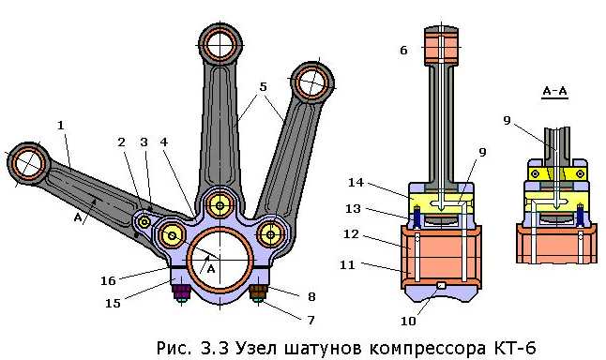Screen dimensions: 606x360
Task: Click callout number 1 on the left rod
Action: coord(61,126)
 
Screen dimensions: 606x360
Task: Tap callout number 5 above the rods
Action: coord(264,87)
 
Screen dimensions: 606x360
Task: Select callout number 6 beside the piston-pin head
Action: coord(403,51)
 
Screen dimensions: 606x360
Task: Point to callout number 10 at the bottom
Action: coord(408,321)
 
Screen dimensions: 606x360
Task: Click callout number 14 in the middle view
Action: coord(356,182)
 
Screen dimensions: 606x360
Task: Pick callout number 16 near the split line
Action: coord(108,281)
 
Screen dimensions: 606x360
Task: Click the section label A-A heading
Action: coord(554,91)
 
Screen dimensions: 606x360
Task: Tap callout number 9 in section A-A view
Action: coord(508,121)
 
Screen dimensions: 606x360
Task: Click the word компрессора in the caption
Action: coord(427,348)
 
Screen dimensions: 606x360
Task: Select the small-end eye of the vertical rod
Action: coord(220,44)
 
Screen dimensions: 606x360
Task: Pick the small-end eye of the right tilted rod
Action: coord(311,82)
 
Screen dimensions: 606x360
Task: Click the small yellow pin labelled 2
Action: coord(144,222)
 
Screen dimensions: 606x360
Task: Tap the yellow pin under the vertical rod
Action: coord(220,206)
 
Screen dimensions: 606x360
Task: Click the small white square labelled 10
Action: coord(441,285)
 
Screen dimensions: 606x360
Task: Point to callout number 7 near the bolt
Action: coord(311,321)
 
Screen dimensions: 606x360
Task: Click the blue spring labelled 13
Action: coord(417,217)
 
